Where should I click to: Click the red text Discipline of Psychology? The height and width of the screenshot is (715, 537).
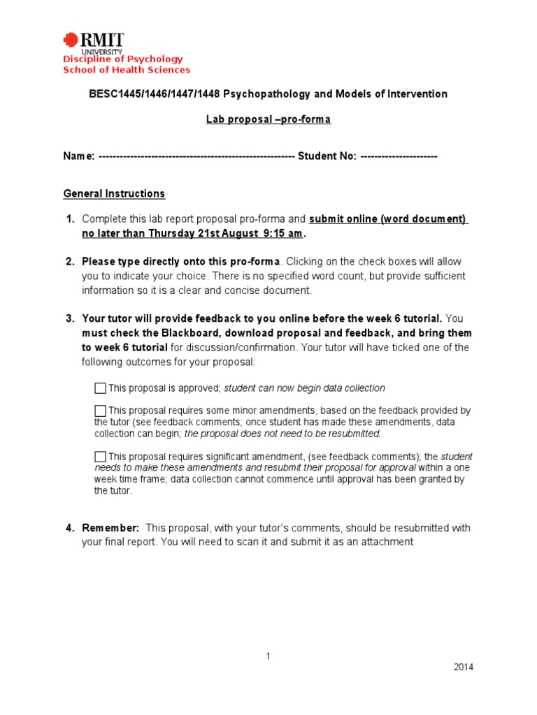click(123, 59)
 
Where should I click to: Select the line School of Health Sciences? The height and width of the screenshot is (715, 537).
click(127, 70)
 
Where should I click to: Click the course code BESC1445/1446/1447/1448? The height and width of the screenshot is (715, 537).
click(138, 94)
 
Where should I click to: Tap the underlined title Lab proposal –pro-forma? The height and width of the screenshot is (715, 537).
click(268, 119)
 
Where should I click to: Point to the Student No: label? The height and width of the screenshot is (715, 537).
click(327, 156)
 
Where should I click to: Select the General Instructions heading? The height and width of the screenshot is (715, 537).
click(114, 193)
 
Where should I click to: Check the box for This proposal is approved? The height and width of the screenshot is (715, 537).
click(100, 388)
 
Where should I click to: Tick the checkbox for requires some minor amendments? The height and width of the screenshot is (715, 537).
click(100, 411)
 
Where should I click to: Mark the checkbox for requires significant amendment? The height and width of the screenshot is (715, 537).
click(100, 457)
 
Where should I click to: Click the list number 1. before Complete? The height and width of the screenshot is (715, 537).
click(70, 219)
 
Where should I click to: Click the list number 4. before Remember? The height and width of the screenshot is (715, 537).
click(70, 528)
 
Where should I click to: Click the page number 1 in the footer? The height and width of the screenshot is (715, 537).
click(268, 656)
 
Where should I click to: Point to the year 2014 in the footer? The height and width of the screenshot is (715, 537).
click(463, 667)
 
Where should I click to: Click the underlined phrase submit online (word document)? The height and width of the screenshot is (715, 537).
click(388, 219)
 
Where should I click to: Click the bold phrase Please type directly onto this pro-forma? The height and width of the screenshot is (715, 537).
click(180, 262)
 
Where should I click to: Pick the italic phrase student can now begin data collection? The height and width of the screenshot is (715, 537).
click(304, 388)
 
